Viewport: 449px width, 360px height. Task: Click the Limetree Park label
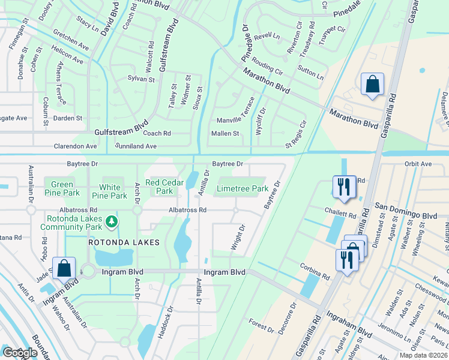[242, 188]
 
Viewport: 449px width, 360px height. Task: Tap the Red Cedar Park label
[159, 187]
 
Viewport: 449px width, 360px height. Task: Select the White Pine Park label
[109, 190]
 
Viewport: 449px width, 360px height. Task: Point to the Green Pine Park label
[62, 188]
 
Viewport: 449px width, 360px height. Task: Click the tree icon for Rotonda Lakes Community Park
[111, 223]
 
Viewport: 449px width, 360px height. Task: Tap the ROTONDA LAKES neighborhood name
[124, 242]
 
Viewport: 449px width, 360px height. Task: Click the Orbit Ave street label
[418, 164]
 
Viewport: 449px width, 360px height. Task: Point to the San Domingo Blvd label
[406, 207]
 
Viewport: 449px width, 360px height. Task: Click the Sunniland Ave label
[136, 146]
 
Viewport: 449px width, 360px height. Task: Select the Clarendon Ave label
[75, 146]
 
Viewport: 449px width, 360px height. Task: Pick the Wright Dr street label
[238, 238]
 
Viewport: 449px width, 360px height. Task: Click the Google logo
[19, 353]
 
